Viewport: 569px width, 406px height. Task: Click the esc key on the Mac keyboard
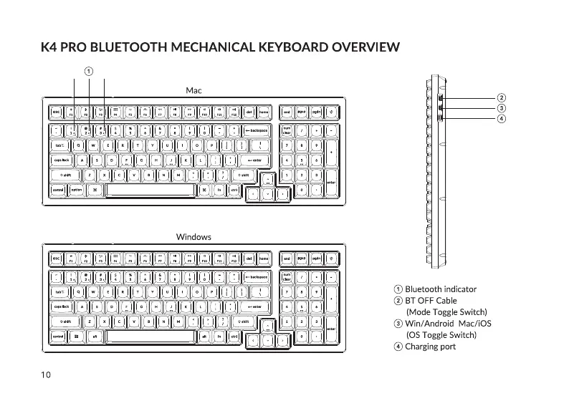[56, 112]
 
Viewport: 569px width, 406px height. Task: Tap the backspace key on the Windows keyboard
[257, 277]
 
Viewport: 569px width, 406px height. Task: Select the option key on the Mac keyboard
[76, 190]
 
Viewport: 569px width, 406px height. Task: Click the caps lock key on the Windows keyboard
[60, 306]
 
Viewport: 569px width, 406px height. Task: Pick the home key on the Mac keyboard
[264, 112]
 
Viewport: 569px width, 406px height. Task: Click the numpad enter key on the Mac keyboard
[331, 182]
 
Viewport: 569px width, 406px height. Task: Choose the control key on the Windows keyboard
[57, 337]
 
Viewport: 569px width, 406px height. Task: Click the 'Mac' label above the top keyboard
[193, 91]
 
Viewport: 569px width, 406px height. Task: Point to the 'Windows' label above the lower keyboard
[193, 236]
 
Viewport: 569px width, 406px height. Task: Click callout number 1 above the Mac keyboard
[88, 70]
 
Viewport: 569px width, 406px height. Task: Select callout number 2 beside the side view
[502, 97]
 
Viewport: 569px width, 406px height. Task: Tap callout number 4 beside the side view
[502, 118]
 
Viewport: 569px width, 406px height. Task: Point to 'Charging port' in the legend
[430, 347]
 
